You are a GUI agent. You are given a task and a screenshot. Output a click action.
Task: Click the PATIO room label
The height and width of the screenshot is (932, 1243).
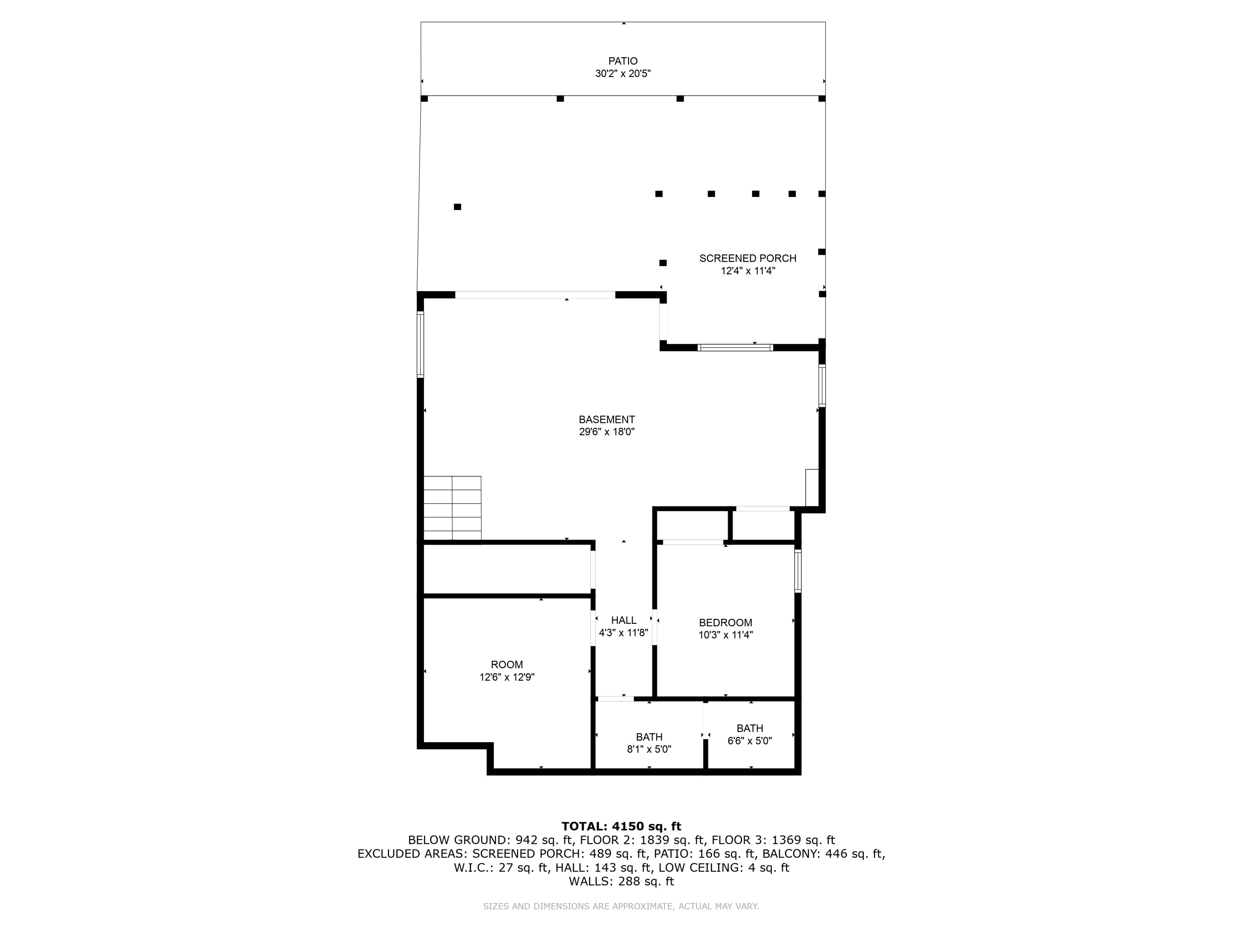[623, 60]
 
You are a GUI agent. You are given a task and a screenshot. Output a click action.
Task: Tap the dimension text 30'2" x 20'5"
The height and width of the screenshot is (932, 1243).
[623, 74]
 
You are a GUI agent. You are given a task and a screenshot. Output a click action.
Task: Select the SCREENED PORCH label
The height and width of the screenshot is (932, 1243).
[747, 258]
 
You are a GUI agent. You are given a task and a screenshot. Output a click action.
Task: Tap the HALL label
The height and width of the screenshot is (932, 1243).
[623, 620]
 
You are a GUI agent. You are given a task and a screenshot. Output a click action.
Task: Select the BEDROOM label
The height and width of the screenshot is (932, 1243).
[725, 623]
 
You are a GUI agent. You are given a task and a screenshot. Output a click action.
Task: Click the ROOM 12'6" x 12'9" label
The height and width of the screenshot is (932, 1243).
[506, 664]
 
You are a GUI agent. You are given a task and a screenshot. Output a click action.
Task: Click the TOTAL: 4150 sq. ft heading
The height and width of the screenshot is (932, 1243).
[621, 826]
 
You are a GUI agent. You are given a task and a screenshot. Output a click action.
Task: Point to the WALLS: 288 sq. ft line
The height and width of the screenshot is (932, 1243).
[621, 881]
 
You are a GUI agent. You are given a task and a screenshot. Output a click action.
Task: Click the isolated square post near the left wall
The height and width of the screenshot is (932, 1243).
[457, 207]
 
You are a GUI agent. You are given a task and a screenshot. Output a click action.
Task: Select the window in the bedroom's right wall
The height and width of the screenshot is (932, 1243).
[798, 571]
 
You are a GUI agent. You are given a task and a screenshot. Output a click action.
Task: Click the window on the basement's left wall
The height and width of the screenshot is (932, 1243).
[420, 344]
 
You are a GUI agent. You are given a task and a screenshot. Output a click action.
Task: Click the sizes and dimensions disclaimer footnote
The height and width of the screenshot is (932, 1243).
[621, 906]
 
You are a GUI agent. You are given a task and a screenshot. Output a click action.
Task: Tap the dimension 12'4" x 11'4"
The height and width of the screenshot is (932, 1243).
[747, 271]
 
